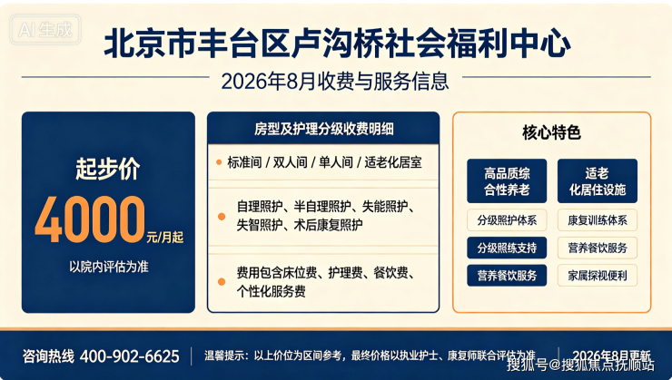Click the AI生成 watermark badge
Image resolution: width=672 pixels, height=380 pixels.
(x=45, y=30)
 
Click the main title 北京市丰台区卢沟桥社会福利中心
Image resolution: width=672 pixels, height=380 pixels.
(x=337, y=44)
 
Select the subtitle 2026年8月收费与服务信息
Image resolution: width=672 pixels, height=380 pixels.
(x=335, y=81)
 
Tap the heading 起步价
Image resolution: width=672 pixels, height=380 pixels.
(x=107, y=169)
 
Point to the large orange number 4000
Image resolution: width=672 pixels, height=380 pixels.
(x=90, y=219)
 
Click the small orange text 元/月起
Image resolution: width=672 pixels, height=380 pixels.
(x=165, y=237)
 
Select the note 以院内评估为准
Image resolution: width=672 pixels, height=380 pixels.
(x=109, y=267)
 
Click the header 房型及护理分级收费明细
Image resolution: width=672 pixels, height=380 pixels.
(x=323, y=129)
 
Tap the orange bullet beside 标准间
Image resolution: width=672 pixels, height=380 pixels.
(x=219, y=162)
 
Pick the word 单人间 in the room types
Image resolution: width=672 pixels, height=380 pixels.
(x=336, y=162)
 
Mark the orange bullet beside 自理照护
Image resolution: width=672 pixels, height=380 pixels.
(x=222, y=216)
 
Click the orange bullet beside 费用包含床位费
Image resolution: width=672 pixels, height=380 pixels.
(x=222, y=281)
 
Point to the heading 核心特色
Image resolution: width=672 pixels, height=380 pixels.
(x=551, y=132)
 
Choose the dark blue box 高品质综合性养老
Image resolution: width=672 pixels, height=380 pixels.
(x=507, y=181)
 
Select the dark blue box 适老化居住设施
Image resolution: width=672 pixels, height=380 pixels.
(x=598, y=181)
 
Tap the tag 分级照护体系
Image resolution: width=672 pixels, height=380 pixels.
(x=507, y=220)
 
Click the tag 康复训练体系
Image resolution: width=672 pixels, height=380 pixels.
(x=598, y=220)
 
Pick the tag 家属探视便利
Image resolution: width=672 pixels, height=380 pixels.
(x=598, y=276)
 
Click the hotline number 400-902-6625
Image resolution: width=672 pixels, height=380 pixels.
(x=130, y=356)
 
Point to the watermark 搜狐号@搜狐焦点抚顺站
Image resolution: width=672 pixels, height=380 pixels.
(x=580, y=365)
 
